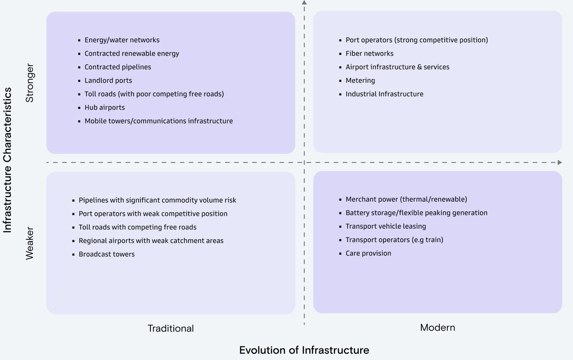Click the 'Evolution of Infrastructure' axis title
[x=304, y=350]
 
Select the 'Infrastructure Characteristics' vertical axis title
[x=8, y=160]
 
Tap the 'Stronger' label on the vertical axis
[x=30, y=83]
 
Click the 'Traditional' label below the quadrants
[x=171, y=328]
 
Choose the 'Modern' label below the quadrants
[x=438, y=328]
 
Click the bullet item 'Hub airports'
[x=104, y=108]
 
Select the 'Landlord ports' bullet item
[x=108, y=81]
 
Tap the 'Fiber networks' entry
[x=369, y=54]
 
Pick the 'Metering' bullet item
[x=360, y=81]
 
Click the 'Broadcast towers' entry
[x=107, y=254]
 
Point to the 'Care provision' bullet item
[x=368, y=253]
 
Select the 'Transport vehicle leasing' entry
[x=385, y=226]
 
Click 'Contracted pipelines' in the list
[x=117, y=67]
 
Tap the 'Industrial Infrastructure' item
[x=384, y=94]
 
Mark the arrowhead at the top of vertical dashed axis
[x=304, y=2]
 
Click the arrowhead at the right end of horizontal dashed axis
[x=559, y=162]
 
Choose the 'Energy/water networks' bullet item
[x=122, y=40]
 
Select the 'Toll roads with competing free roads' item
[x=137, y=227]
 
